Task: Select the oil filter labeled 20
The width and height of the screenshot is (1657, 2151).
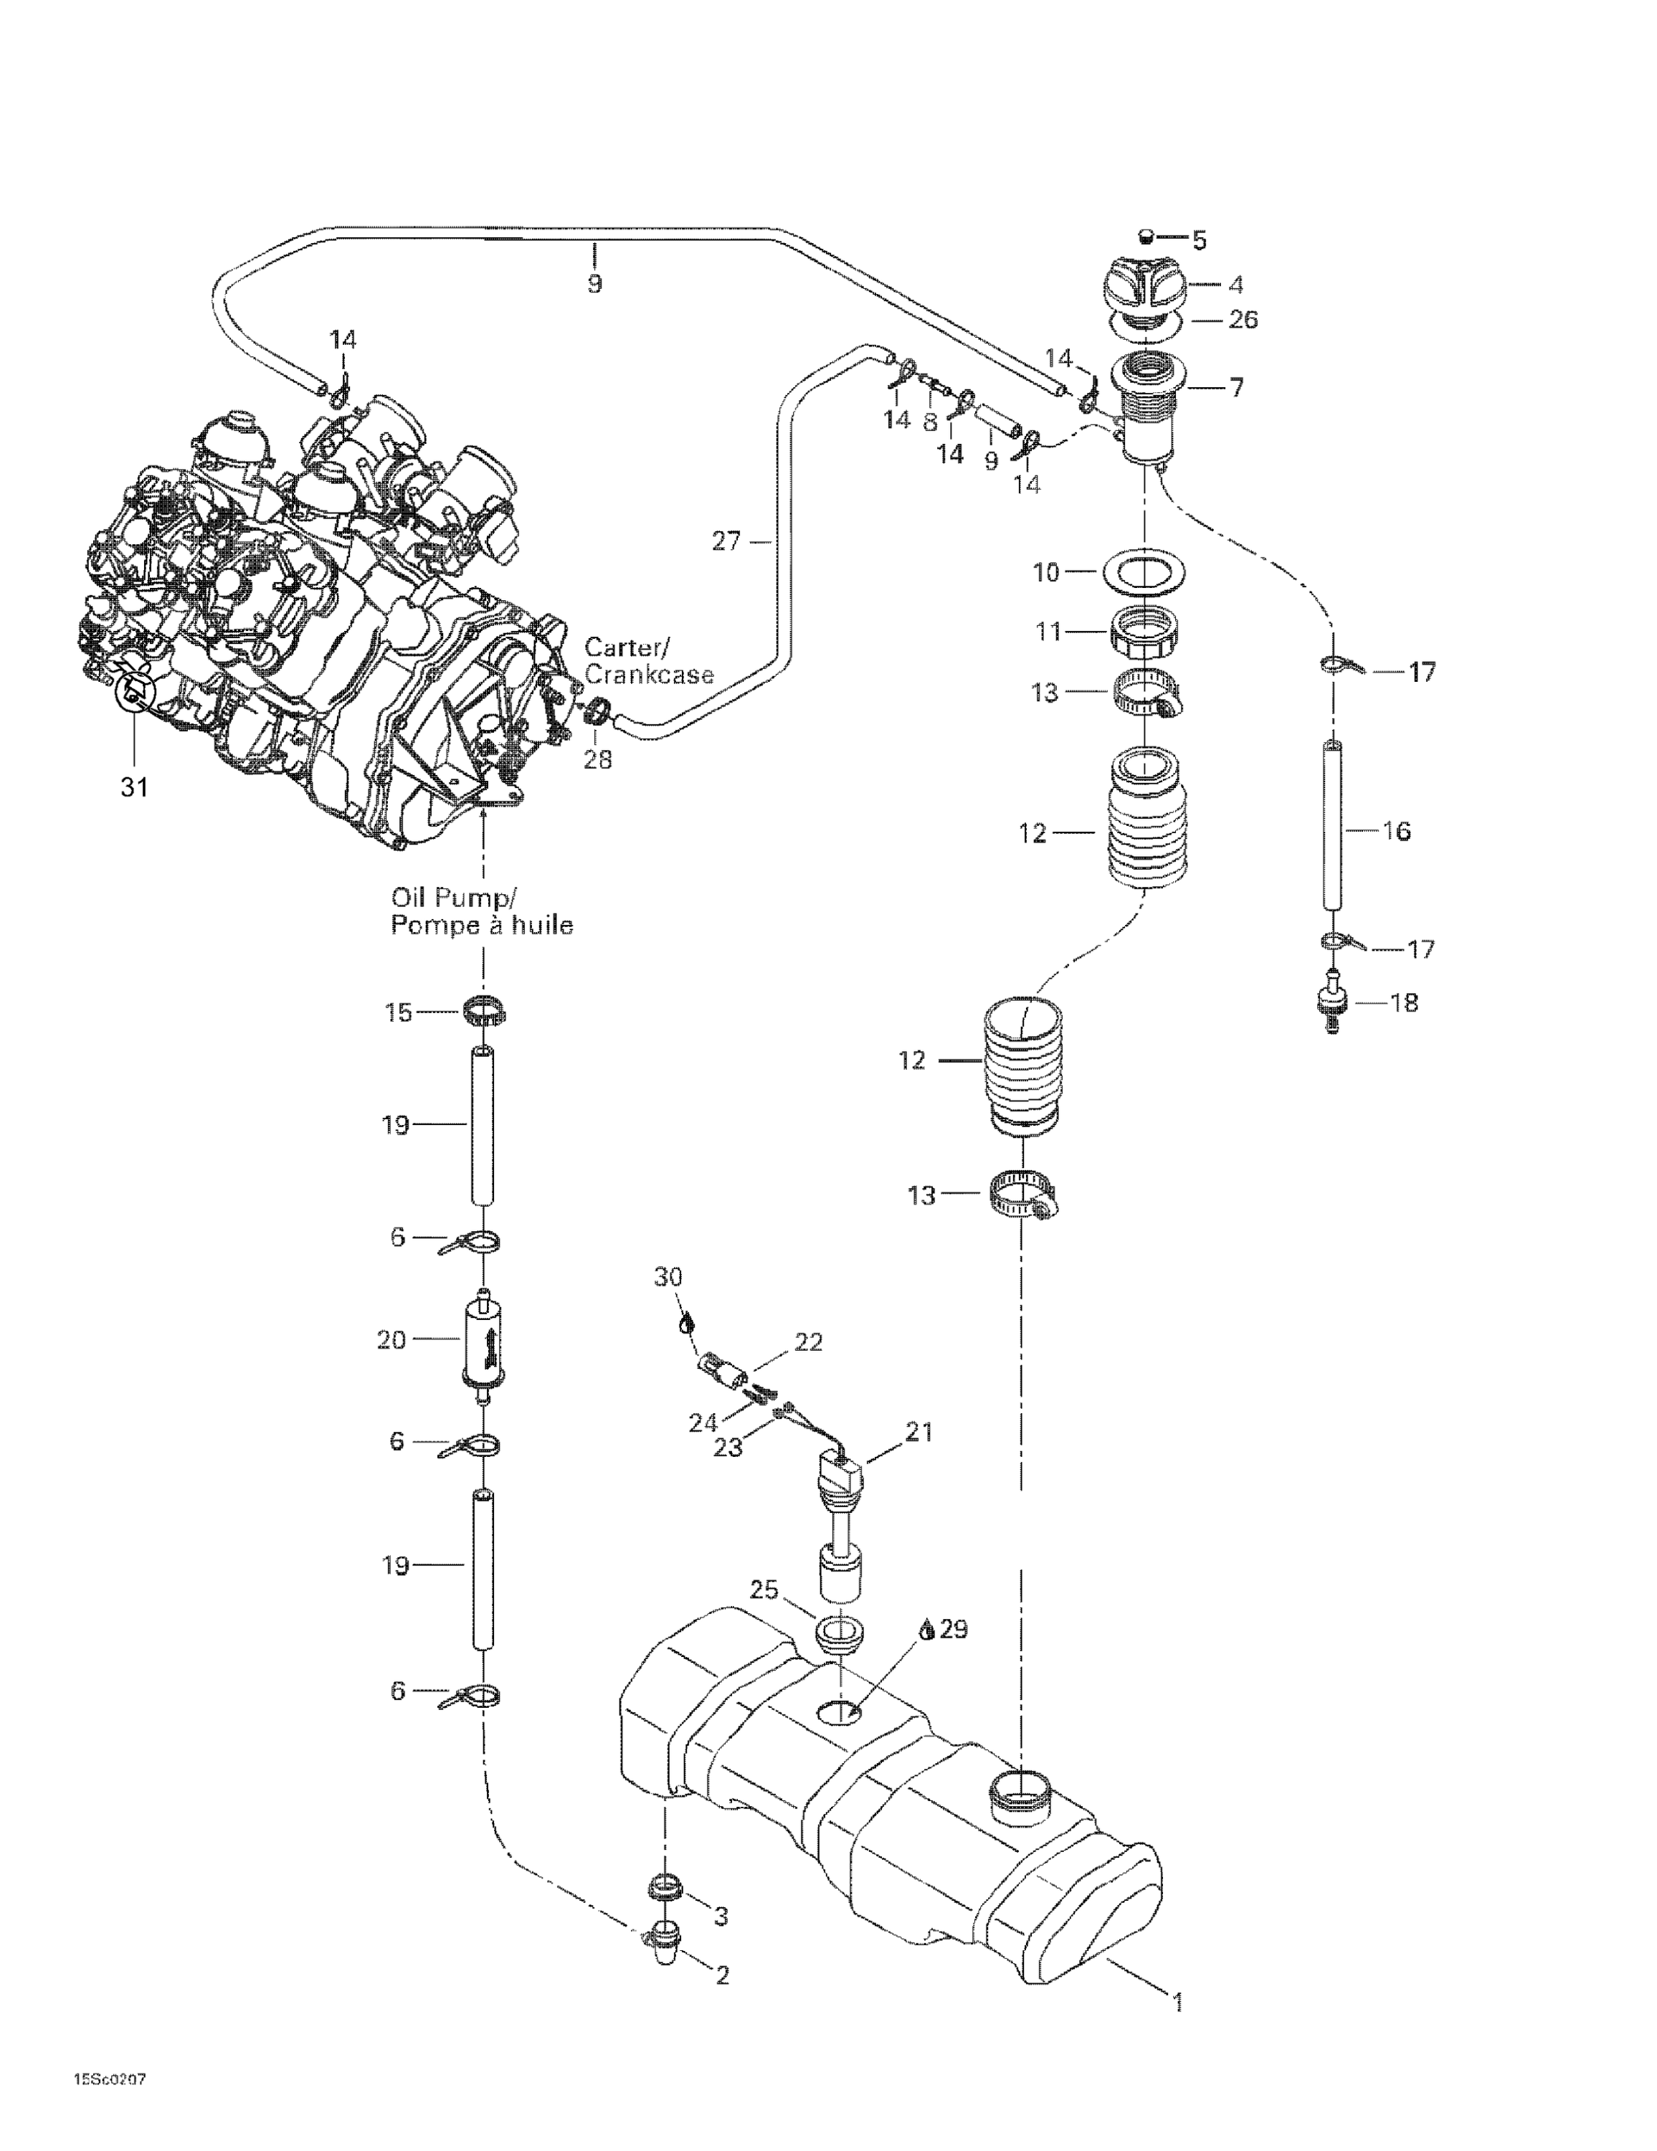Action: click(482, 1341)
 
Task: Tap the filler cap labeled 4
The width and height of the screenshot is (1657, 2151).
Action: click(1149, 285)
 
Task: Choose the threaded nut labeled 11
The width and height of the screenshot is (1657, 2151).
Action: click(1146, 633)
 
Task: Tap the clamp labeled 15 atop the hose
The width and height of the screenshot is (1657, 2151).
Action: click(483, 1010)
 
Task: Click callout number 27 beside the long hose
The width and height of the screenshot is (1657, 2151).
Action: click(726, 541)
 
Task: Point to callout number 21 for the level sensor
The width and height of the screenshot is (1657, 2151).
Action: click(918, 1432)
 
